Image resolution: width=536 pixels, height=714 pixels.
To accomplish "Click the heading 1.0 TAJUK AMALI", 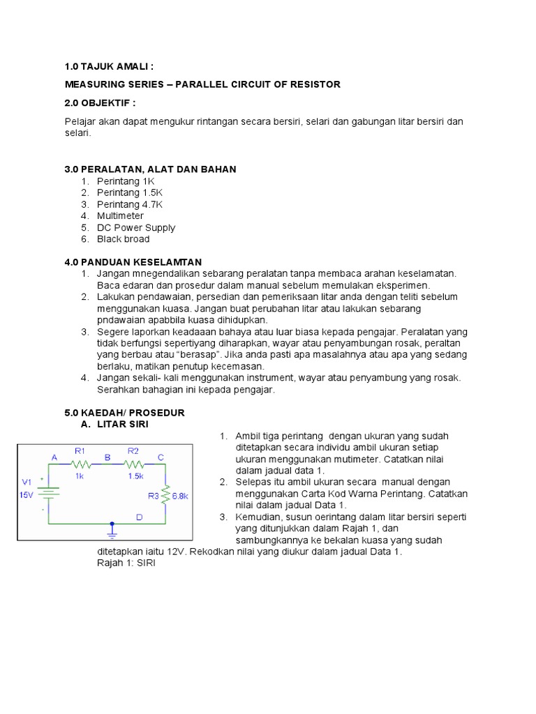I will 108,66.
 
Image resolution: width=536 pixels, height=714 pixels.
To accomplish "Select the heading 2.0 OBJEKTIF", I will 99,103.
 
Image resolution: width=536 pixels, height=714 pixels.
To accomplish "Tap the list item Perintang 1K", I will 126,181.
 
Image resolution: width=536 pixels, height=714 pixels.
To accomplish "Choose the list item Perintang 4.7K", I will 130,204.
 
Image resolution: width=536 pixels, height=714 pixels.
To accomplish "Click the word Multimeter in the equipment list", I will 120,216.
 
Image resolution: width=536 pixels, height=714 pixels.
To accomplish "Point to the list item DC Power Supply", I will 136,227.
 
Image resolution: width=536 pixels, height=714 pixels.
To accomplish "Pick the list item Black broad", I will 123,239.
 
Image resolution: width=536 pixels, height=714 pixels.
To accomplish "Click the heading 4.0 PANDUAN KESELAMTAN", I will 133,262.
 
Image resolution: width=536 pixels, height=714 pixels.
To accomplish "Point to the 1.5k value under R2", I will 135,476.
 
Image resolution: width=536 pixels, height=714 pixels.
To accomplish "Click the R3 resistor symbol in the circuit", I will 165,495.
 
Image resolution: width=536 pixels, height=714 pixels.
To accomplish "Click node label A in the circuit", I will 53,457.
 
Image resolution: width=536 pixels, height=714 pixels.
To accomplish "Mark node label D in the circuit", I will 139,517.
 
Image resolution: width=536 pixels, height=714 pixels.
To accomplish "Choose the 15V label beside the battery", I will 26,494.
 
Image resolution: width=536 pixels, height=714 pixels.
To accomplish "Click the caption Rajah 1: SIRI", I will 126,563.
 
